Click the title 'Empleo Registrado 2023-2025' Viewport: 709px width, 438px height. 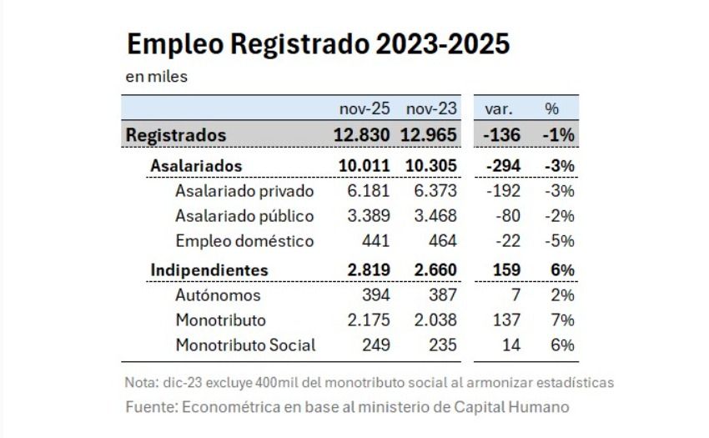tap(317, 44)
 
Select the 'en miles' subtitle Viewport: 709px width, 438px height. tap(156, 78)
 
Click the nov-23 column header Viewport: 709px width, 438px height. tap(430, 109)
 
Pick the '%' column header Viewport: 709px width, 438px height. tap(551, 109)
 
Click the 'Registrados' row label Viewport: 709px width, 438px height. tap(176, 135)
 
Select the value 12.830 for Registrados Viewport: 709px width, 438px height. tap(363, 135)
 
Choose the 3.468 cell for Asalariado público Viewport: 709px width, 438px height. tap(435, 216)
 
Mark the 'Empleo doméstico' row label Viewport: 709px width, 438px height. tap(233, 241)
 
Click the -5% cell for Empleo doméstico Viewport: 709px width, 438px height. tap(559, 241)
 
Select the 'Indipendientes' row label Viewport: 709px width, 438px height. tap(209, 270)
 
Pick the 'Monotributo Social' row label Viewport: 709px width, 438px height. tap(245, 345)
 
